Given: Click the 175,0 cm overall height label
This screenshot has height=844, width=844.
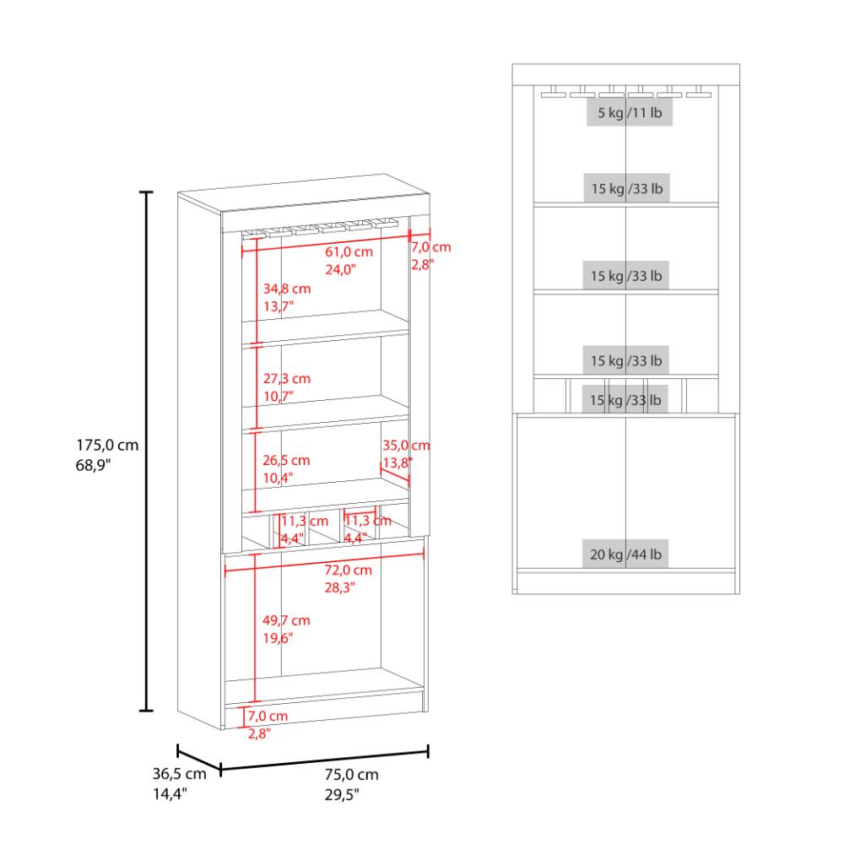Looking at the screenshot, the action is click(107, 445).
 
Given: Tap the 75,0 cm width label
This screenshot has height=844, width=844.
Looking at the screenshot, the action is click(351, 775).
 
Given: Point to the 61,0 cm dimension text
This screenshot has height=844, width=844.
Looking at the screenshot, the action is click(349, 252).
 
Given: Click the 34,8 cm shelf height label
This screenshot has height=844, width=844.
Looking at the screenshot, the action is click(287, 289).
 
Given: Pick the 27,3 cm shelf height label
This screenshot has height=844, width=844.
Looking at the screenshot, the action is click(287, 378).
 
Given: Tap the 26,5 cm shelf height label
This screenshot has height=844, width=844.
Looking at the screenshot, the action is click(286, 460).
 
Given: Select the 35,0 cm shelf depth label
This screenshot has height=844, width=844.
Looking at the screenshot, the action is click(407, 445).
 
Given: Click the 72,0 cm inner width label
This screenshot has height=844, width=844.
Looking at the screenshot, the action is click(348, 570).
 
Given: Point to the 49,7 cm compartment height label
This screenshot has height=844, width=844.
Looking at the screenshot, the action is click(286, 620).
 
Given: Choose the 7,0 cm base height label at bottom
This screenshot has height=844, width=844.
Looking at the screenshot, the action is click(268, 716).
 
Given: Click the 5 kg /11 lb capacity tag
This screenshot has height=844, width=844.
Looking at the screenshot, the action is click(630, 112).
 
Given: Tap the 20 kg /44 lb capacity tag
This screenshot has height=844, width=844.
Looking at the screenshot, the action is click(625, 554).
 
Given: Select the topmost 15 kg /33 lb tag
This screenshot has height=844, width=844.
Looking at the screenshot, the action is click(627, 188).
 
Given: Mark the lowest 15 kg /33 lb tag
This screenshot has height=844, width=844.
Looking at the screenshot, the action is click(625, 400).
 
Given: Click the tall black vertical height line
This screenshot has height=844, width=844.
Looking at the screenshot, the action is click(146, 451).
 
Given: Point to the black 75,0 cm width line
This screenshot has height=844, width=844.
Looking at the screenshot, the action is click(325, 760).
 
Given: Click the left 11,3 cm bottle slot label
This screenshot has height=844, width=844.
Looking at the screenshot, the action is click(304, 521).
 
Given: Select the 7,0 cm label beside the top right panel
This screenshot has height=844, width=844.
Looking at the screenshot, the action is click(431, 247).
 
